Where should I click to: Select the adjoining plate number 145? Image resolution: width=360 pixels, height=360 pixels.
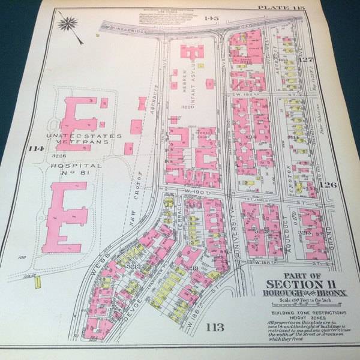coord(211,18)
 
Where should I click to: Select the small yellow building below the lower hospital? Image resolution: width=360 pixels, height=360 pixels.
coord(38,281)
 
